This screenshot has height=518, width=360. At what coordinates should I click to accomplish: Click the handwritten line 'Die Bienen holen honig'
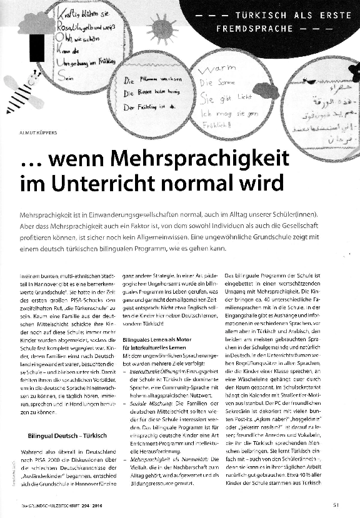click(153, 93)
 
